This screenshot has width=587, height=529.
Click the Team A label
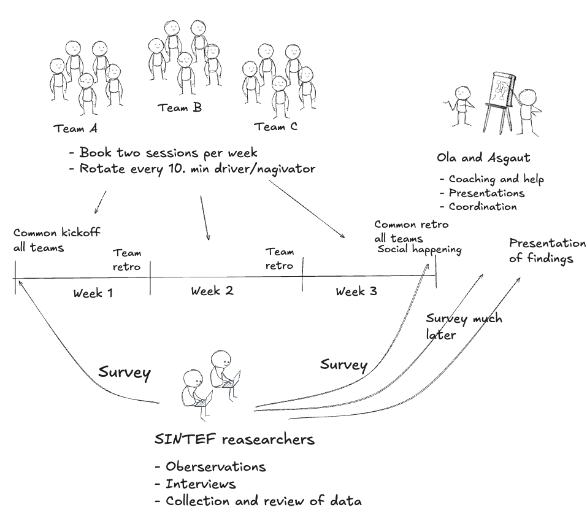pos(75,129)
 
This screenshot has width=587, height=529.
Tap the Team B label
pos(179,108)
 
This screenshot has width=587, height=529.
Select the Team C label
pos(275,127)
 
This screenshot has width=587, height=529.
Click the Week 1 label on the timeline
pos(93,293)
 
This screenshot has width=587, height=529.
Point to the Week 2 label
pos(212,290)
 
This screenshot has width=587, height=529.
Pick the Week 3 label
pos(356,292)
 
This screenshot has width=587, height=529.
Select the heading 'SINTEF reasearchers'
pos(236,439)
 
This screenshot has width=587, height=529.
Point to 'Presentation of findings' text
pos(547,250)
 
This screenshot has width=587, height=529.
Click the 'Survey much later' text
pos(463,327)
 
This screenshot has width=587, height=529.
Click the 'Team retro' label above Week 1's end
pos(127,260)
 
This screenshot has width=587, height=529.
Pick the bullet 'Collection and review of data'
pos(258,501)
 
